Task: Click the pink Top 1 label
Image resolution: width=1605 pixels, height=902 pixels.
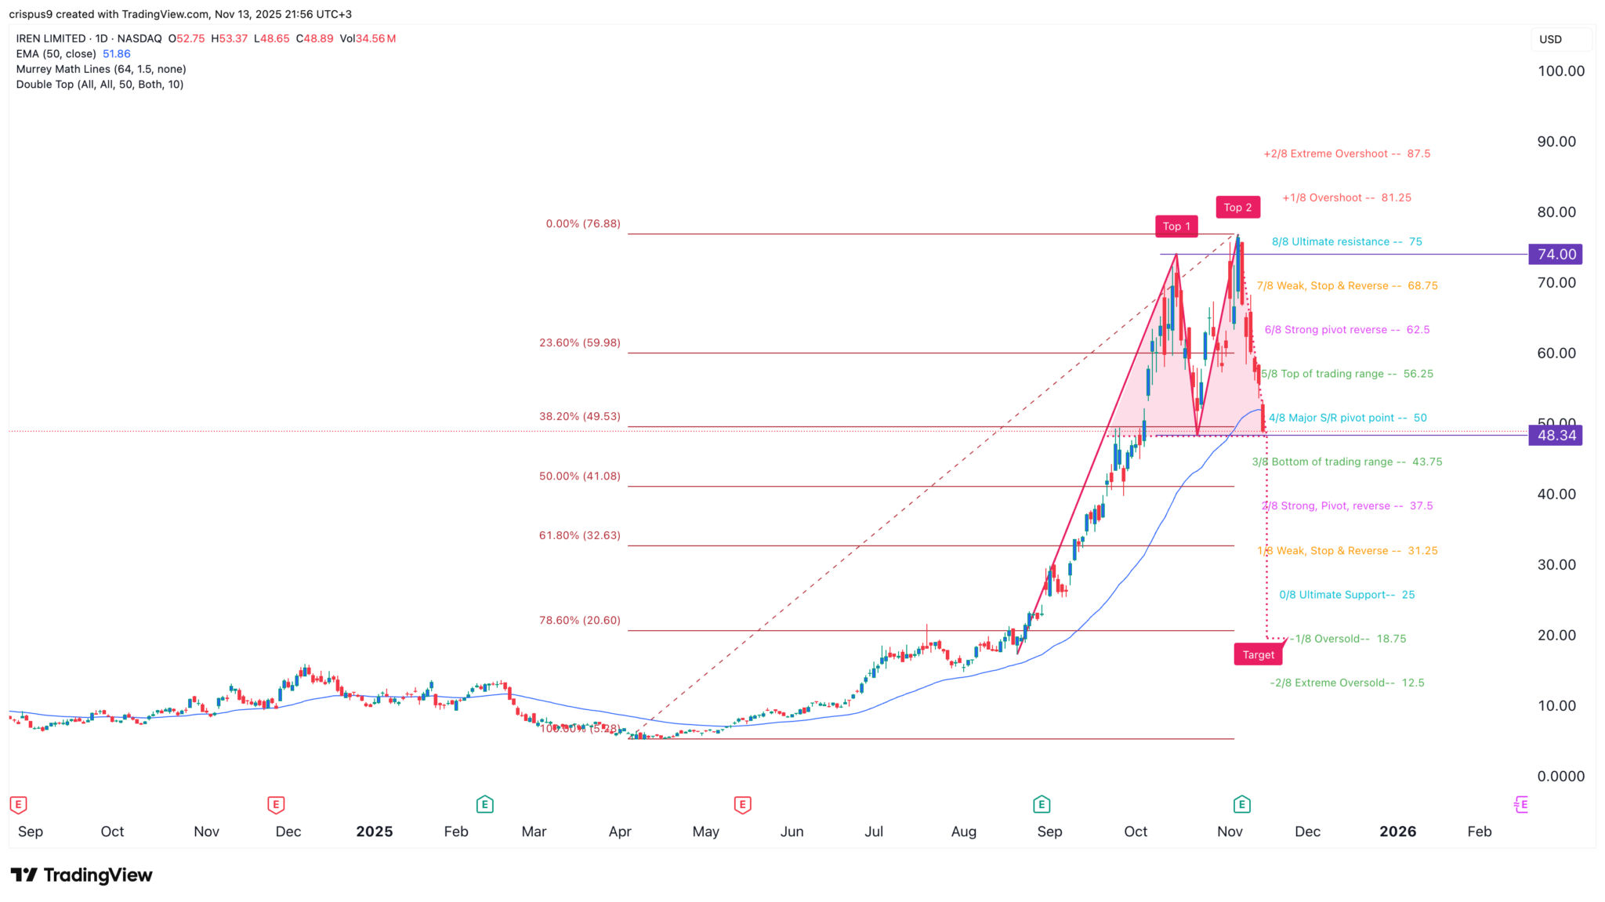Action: pos(1176,226)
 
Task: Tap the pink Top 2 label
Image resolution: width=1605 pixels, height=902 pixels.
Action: pos(1238,207)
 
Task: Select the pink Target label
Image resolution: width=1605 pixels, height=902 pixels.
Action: pos(1258,654)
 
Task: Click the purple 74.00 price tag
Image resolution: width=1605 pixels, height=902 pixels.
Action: pos(1556,254)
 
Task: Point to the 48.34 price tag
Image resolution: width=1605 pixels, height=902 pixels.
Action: pos(1556,436)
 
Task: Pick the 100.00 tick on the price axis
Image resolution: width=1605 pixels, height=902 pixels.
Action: pos(1560,71)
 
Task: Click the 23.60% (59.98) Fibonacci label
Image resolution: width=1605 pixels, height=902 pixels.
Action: pos(580,342)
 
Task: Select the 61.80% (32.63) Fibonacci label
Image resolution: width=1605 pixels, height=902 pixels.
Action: pos(580,535)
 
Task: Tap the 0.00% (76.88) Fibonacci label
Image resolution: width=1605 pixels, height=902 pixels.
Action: pos(583,224)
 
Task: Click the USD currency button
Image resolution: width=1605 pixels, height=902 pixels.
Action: pos(1551,39)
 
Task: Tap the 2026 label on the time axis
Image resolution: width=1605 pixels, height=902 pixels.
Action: pos(1397,831)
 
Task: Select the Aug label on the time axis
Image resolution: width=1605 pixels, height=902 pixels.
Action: pos(963,831)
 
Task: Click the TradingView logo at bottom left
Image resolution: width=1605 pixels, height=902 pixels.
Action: pos(82,875)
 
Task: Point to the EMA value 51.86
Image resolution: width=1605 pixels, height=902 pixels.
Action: pos(117,54)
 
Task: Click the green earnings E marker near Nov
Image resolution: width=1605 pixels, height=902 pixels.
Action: pos(1241,804)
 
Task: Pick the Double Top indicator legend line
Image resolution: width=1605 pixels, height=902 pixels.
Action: pos(100,85)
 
